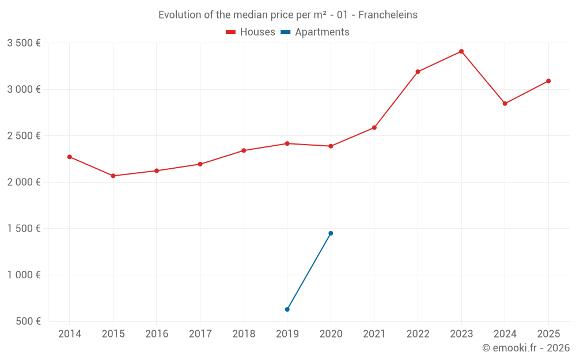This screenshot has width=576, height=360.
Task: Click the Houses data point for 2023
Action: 461,51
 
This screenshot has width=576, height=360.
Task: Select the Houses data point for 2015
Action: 113,176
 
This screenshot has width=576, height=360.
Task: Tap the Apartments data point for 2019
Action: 287,309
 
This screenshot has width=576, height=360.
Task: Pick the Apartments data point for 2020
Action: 331,233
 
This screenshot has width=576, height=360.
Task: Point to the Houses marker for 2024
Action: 505,104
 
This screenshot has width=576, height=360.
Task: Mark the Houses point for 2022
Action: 418,72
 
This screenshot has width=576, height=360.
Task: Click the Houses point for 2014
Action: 70,157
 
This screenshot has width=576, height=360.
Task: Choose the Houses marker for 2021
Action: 374,127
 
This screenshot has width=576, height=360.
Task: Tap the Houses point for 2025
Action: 548,81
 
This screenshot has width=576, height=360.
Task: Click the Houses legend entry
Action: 251,32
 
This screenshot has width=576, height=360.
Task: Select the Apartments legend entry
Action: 316,32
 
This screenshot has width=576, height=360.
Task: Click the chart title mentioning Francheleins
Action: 288,15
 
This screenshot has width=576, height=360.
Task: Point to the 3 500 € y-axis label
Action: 24,43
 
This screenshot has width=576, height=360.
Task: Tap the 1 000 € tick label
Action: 24,275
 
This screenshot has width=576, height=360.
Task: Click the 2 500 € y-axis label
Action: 24,136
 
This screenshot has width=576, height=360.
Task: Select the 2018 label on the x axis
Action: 244,334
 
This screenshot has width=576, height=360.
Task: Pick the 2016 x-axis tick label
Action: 157,334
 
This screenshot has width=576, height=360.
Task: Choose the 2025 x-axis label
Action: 548,334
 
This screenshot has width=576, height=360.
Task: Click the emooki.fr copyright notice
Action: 525,348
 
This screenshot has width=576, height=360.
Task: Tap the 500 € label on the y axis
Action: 28,321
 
